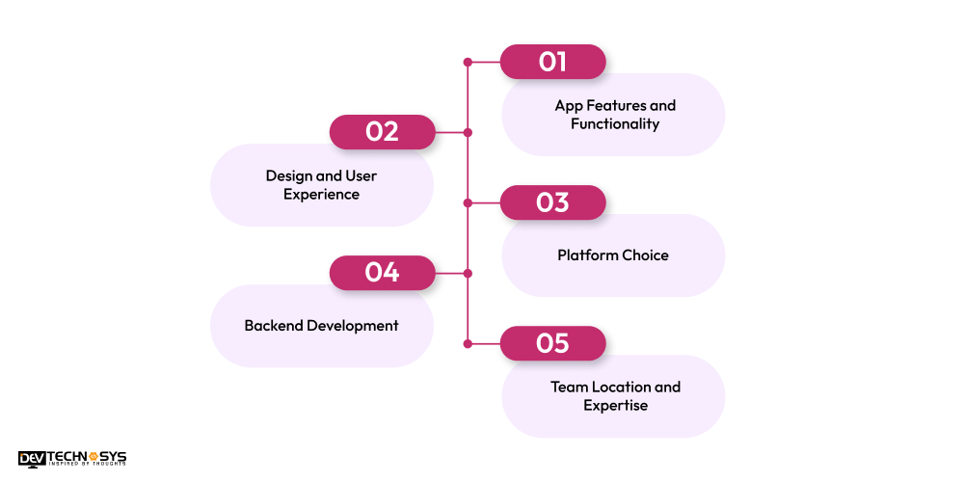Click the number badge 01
(552, 62)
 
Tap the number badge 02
(382, 132)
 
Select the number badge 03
(552, 202)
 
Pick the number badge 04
(382, 273)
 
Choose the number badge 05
(552, 343)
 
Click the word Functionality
(615, 124)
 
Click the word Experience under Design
(321, 195)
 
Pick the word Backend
(273, 326)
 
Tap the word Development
(353, 326)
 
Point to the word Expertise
(615, 406)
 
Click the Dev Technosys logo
(72, 459)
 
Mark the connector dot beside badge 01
(468, 62)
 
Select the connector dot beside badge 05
(468, 343)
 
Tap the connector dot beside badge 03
(468, 202)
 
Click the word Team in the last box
(568, 387)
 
